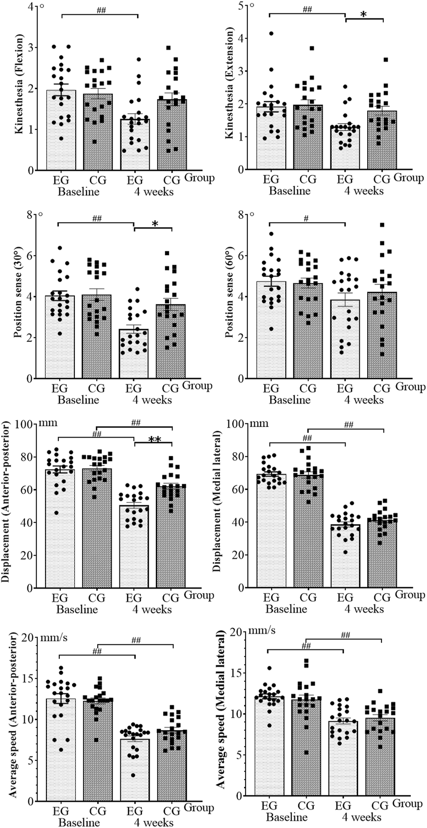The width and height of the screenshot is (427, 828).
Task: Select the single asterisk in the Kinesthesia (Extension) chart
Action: point(363,14)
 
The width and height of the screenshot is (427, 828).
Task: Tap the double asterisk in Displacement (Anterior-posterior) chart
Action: point(154,440)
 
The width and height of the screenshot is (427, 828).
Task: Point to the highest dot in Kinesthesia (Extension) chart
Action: point(272,33)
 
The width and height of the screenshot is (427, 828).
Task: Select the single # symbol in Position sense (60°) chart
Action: point(307,219)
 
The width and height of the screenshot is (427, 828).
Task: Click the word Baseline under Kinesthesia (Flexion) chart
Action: point(78,192)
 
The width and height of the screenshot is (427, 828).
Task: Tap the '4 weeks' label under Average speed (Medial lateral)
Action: point(362,817)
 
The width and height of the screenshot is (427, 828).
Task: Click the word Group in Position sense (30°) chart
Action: point(198,386)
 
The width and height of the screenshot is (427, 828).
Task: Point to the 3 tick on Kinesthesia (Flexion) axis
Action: point(31,47)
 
